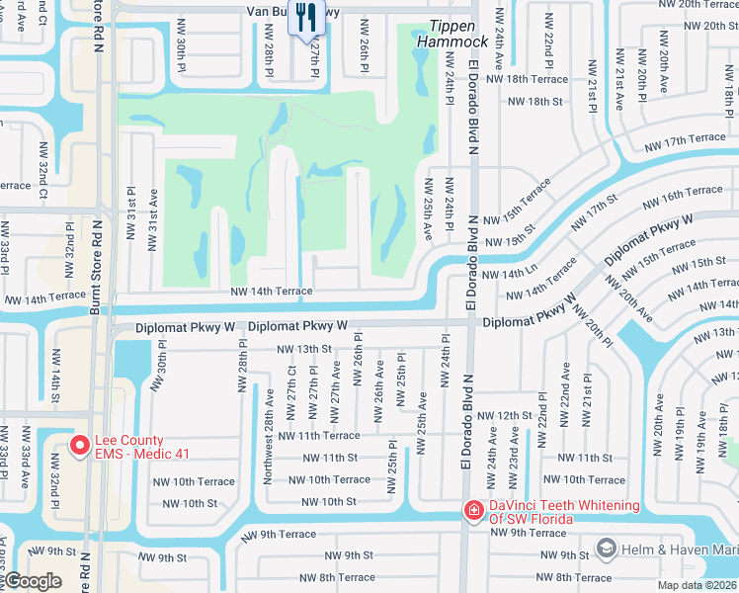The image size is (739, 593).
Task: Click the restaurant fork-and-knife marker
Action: click(305, 18)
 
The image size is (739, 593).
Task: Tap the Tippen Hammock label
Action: click(458, 35)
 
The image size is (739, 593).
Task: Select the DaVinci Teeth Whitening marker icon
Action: click(474, 511)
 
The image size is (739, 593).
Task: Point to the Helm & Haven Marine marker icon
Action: click(606, 548)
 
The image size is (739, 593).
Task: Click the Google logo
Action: click(32, 581)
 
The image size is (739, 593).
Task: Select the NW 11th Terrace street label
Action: click(319, 435)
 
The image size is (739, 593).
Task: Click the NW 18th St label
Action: click(534, 101)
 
